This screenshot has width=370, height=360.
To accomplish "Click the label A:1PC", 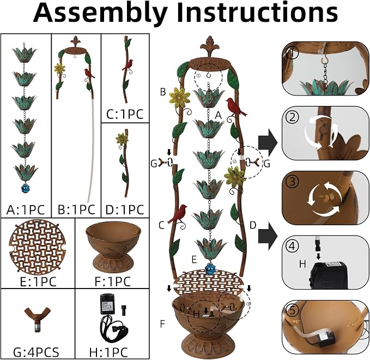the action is click(x=26, y=209).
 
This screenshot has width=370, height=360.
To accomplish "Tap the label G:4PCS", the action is click(x=36, y=352).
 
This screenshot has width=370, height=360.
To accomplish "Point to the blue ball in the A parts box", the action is click(x=25, y=189).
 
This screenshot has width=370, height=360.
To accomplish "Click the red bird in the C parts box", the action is click(x=128, y=65).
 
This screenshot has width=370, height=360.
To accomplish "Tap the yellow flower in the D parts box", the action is click(x=122, y=139).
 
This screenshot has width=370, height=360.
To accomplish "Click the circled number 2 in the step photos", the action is click(x=293, y=117).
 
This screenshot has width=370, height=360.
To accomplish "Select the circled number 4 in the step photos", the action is click(x=292, y=247).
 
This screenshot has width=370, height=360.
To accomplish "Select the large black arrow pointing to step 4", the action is click(x=268, y=236).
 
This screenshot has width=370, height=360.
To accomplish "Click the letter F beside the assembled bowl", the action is click(x=162, y=324).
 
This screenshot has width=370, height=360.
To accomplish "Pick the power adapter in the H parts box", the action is click(x=107, y=303).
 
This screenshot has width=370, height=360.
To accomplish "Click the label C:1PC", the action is click(x=125, y=115).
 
